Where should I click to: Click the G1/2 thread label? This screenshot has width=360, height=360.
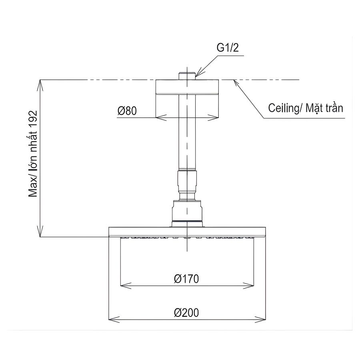228,48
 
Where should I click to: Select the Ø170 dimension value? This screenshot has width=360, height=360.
187,279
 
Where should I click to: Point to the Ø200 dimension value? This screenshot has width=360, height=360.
187,312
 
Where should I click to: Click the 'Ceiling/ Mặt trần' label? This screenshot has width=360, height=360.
306,108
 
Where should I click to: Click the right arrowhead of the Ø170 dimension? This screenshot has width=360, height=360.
250,286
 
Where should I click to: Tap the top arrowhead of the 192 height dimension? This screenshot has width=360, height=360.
40,84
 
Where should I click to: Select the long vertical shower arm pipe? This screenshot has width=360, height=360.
187,132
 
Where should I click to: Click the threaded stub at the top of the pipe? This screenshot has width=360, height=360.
187,76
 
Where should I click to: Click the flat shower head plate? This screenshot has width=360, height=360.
187,232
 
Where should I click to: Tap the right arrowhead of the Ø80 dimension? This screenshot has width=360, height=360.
215,118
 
